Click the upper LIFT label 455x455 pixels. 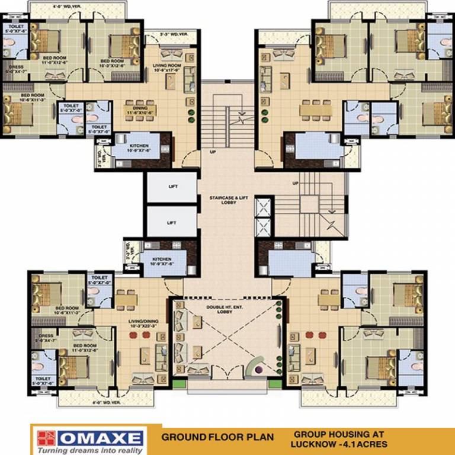173,187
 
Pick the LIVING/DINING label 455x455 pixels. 142,323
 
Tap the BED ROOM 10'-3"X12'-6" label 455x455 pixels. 113,63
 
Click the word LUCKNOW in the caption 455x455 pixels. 311,444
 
